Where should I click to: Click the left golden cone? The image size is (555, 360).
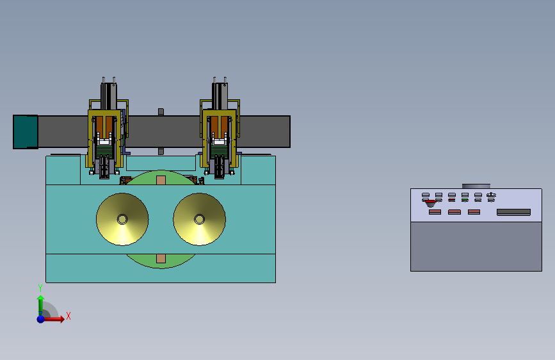tap(122, 219)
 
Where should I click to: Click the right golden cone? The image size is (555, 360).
tap(199, 219)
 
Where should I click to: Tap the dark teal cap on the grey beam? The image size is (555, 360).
tap(26, 132)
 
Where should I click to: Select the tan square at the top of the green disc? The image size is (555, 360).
tap(161, 181)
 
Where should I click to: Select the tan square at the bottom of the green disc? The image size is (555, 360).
tap(161, 258)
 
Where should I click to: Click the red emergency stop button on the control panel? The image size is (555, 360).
tap(430, 203)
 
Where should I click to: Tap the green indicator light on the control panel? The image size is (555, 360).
tap(465, 200)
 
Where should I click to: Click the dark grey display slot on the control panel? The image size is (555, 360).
tap(513, 212)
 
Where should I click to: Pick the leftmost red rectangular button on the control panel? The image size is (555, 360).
tap(435, 212)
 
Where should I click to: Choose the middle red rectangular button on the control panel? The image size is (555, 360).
tap(454, 212)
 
